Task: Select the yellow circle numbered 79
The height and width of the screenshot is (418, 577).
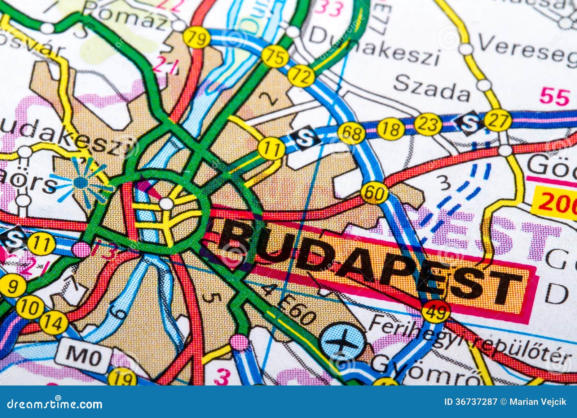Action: point(197,38)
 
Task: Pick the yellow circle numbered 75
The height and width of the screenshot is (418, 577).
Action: point(275,56)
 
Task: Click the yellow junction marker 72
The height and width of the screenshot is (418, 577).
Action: point(301,76)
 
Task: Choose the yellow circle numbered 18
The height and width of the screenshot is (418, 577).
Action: point(391,128)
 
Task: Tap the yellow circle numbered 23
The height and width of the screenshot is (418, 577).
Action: point(428,125)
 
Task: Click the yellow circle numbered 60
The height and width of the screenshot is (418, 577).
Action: point(375,193)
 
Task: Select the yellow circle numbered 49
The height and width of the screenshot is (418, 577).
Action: point(436,311)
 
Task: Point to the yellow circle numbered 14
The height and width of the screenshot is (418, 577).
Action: point(54,322)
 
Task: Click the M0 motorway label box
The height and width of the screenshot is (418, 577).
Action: point(83,358)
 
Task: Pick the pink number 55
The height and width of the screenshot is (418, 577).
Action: point(554,97)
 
